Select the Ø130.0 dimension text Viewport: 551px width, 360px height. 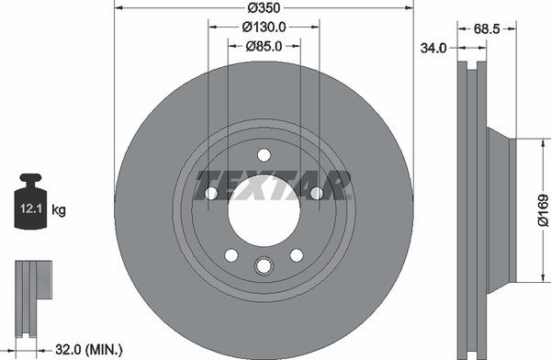pyautogui.click(x=264, y=28)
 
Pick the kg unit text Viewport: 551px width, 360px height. pyautogui.click(x=60, y=210)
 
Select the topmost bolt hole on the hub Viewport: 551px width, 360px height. pyautogui.click(x=264, y=154)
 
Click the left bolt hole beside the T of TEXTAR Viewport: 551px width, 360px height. pyautogui.click(x=210, y=193)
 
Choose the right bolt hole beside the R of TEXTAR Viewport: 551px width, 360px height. pyautogui.click(x=317, y=193)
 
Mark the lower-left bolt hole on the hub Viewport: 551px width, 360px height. pyautogui.click(x=231, y=254)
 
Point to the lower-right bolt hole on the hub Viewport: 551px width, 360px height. pyautogui.click(x=296, y=254)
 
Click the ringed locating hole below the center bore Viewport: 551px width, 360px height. pyautogui.click(x=264, y=266)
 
